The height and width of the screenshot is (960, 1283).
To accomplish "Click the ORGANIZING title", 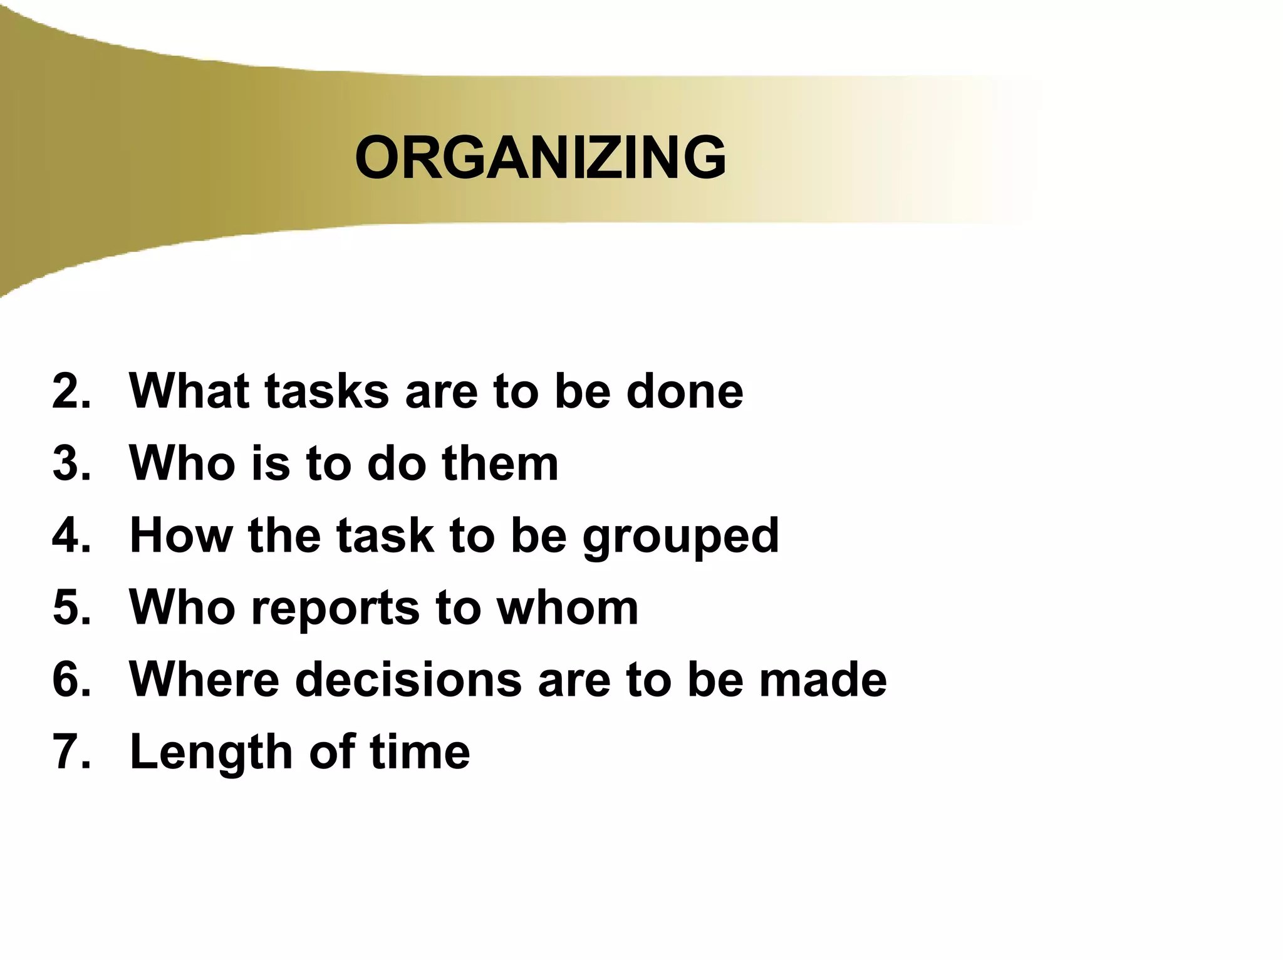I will (x=540, y=158).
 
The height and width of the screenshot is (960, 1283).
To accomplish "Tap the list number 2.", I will (x=71, y=391).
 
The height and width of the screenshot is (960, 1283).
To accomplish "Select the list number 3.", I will (x=71, y=463).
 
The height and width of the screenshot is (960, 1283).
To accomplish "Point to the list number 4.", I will (x=71, y=535).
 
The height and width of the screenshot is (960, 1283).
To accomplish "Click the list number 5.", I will (x=71, y=607).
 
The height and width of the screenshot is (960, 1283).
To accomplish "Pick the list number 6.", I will (x=71, y=679).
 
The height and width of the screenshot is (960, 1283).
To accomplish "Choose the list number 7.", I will (x=71, y=751).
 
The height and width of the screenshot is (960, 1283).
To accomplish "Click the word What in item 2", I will (x=189, y=391).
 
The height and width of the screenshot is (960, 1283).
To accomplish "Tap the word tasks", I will (x=326, y=391).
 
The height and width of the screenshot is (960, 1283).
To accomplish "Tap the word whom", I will (x=567, y=607).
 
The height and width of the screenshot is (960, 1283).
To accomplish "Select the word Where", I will (x=204, y=679).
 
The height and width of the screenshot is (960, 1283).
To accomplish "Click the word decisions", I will (x=408, y=679).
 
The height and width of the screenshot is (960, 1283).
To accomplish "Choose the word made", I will (x=823, y=679).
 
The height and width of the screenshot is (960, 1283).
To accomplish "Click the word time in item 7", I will (x=420, y=751).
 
